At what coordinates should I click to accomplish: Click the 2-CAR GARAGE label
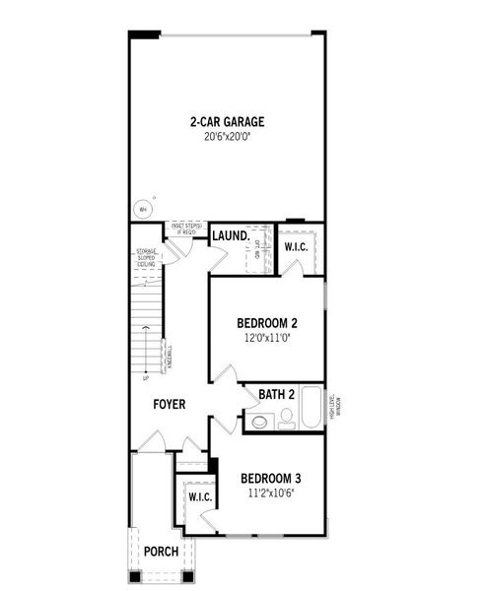click(228, 123)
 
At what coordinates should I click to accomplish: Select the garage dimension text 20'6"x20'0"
click(228, 138)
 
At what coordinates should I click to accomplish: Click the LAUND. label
click(230, 236)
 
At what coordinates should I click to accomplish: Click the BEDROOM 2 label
click(267, 323)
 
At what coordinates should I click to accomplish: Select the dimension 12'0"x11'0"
click(267, 338)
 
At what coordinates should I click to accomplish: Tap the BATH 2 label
click(277, 395)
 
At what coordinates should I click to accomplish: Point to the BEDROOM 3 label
click(272, 479)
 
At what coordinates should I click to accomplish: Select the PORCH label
click(162, 551)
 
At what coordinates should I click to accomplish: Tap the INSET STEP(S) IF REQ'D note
click(187, 229)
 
